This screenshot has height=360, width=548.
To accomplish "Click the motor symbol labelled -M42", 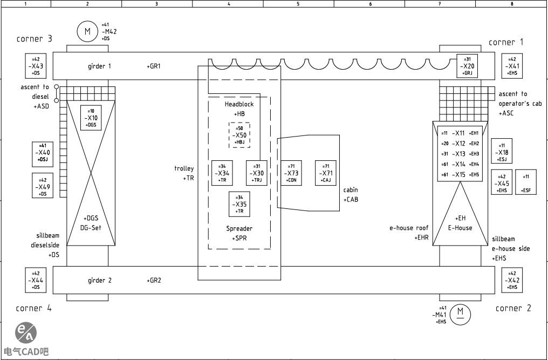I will click(x=87, y=31).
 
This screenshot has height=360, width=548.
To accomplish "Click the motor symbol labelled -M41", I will click(x=460, y=313).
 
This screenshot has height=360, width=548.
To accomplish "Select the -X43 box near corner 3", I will click(x=36, y=66).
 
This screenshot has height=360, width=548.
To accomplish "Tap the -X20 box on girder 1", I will click(x=468, y=66).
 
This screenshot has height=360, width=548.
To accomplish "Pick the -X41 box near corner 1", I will click(x=512, y=66).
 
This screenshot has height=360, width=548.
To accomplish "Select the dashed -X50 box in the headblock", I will click(x=239, y=135).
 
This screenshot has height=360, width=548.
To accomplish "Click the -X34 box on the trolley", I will click(x=222, y=173).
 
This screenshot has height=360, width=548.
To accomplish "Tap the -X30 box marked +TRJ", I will click(x=257, y=173).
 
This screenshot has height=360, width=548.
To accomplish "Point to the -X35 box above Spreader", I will click(x=239, y=204).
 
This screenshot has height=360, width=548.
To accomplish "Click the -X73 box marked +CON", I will click(x=291, y=173).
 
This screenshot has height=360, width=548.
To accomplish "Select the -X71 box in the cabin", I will click(x=326, y=173).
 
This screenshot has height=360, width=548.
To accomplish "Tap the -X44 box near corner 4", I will click(x=36, y=281).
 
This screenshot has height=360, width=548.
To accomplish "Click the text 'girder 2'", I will click(x=100, y=281).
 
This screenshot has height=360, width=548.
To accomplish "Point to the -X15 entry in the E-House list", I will click(x=459, y=174).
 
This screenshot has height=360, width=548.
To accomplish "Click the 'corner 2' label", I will click(x=513, y=308).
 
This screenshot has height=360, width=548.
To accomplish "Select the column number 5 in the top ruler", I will click(x=298, y=3).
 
